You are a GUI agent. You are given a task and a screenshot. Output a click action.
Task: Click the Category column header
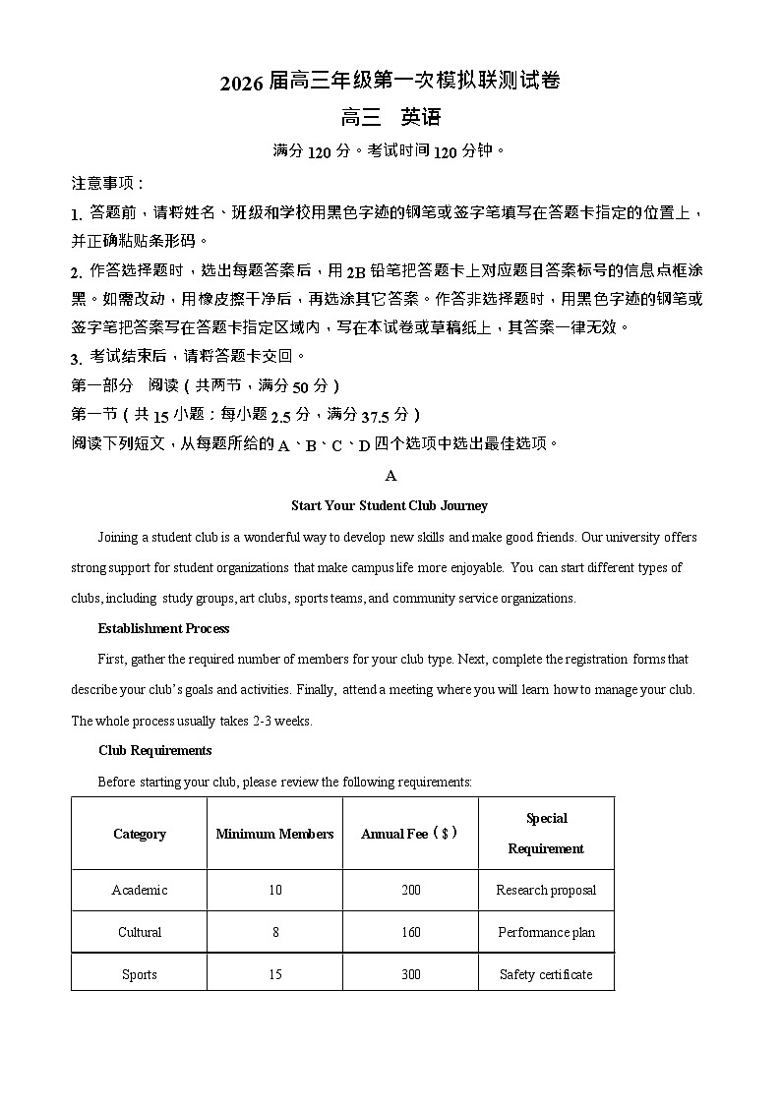tap(139, 834)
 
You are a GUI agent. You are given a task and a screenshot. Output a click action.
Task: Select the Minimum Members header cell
tap(274, 834)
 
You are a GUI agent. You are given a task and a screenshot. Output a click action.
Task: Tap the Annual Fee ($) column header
tap(410, 834)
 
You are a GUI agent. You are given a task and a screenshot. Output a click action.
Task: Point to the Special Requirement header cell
tap(546, 833)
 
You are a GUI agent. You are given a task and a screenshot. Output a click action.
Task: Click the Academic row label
tap(139, 891)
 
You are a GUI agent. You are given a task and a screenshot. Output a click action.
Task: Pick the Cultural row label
tap(139, 932)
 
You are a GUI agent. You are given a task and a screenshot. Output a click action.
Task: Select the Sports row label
tap(139, 974)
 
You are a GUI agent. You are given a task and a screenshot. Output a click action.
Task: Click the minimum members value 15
tap(274, 974)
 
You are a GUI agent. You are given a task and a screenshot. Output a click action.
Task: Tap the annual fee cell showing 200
tap(410, 891)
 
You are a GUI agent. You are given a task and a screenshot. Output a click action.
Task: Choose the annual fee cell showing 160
tap(410, 932)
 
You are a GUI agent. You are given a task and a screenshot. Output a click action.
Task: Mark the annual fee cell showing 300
tap(410, 974)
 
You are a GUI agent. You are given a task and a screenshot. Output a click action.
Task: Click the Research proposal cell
tap(546, 891)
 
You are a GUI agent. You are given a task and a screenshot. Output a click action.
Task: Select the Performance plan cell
tap(546, 932)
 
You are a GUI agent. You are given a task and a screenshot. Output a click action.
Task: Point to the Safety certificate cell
tap(546, 974)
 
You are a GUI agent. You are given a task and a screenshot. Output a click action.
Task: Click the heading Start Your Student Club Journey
tap(390, 506)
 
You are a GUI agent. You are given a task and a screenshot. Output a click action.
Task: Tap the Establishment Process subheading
tap(163, 628)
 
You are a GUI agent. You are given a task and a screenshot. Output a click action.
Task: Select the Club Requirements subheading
tap(154, 750)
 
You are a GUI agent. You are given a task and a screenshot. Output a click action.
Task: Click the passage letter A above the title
tap(390, 476)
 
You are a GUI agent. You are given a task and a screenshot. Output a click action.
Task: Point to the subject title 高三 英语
tap(390, 118)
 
